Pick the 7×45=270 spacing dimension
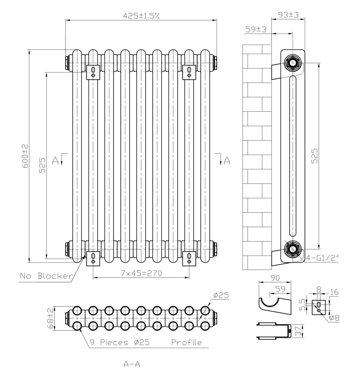tap(141, 273)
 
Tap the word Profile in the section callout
tap(186, 342)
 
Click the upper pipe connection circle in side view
tap(292, 62)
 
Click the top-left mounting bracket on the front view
tap(93, 71)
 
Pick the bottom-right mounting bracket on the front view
tap(189, 257)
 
